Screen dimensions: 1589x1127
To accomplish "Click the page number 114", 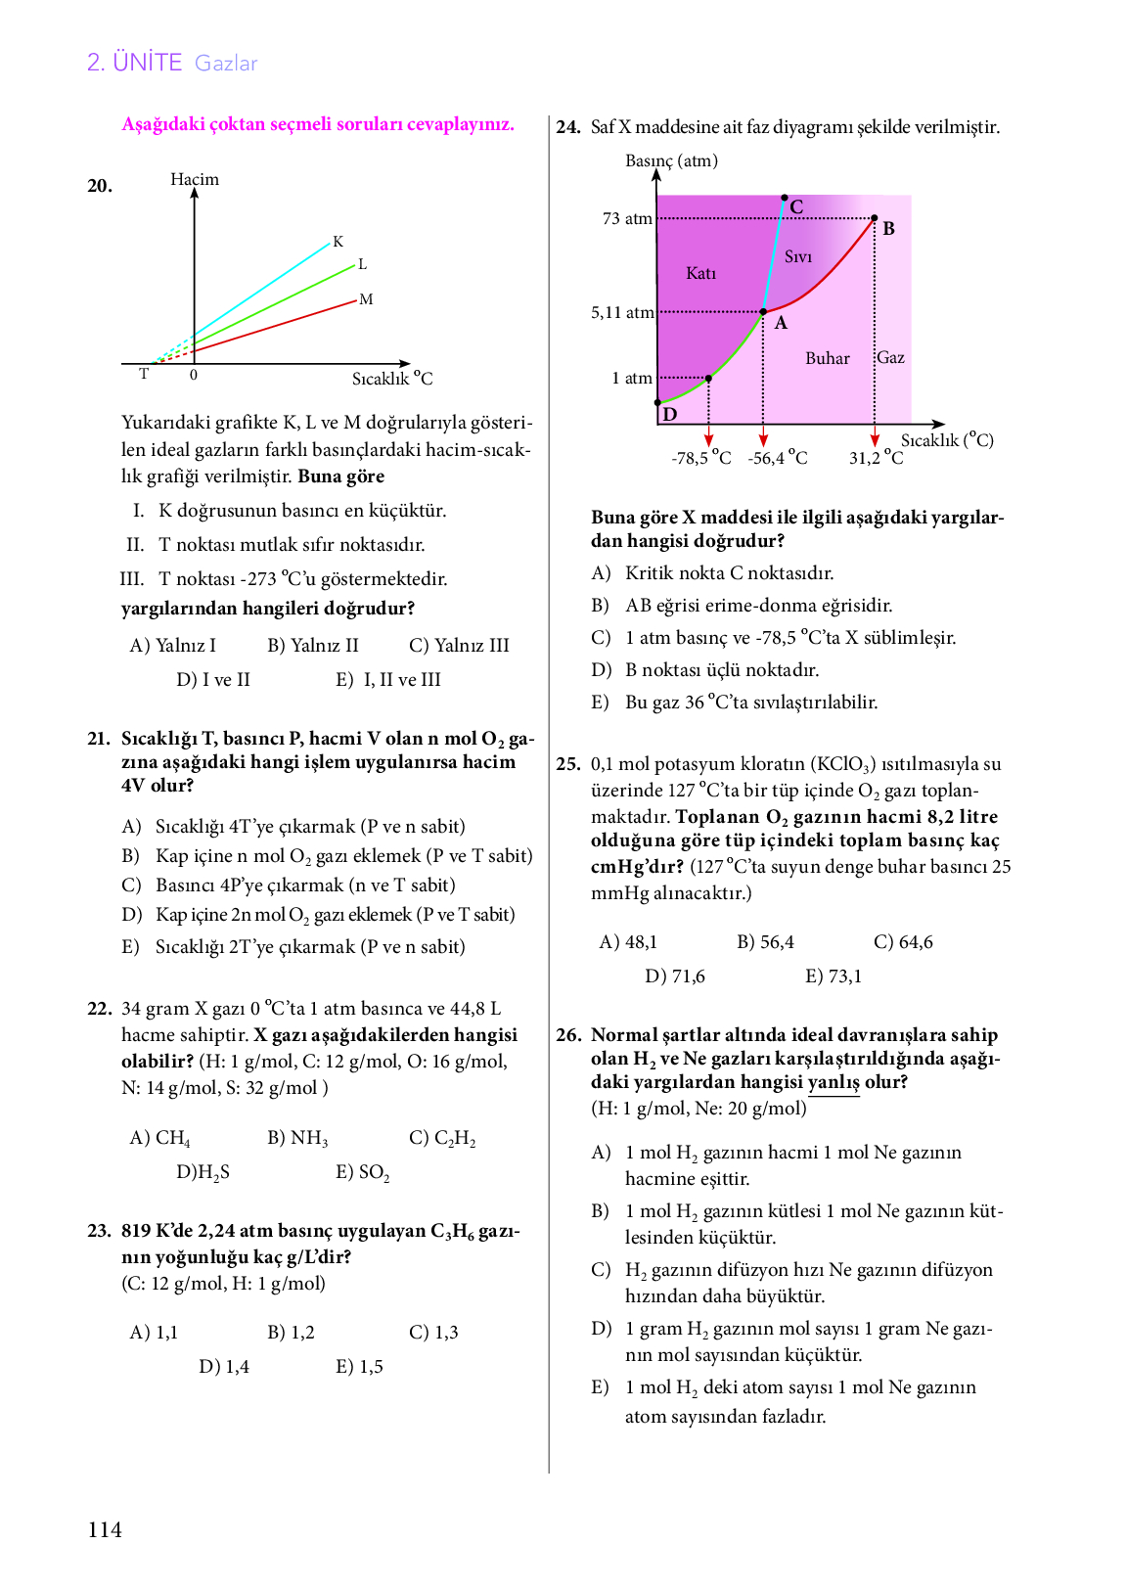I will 105,1530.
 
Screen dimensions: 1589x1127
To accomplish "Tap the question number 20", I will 100,186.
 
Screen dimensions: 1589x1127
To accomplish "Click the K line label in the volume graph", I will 338,242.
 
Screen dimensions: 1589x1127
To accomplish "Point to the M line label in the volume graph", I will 366,299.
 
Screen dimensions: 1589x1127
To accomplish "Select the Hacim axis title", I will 195,179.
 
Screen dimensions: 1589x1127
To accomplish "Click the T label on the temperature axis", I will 144,374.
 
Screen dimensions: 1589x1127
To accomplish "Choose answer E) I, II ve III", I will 388,679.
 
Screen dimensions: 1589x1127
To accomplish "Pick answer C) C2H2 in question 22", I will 442,1138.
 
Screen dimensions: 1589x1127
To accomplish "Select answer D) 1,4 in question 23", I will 224,1367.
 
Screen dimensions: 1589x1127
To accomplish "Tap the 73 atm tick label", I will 627,218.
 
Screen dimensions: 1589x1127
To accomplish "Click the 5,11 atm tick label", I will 622,312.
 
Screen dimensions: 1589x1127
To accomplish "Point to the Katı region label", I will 700,273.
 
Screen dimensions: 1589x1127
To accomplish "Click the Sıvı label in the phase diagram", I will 798,256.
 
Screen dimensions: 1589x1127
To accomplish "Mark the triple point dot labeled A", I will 764,312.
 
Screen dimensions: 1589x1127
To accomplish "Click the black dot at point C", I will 784,198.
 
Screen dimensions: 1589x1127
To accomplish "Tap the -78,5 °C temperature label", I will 701,458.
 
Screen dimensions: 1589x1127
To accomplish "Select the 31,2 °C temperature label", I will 877,458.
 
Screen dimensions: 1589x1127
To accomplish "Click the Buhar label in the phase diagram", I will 828,358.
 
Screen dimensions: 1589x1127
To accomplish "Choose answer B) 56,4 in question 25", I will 765,942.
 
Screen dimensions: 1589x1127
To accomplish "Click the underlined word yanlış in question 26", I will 834,1082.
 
